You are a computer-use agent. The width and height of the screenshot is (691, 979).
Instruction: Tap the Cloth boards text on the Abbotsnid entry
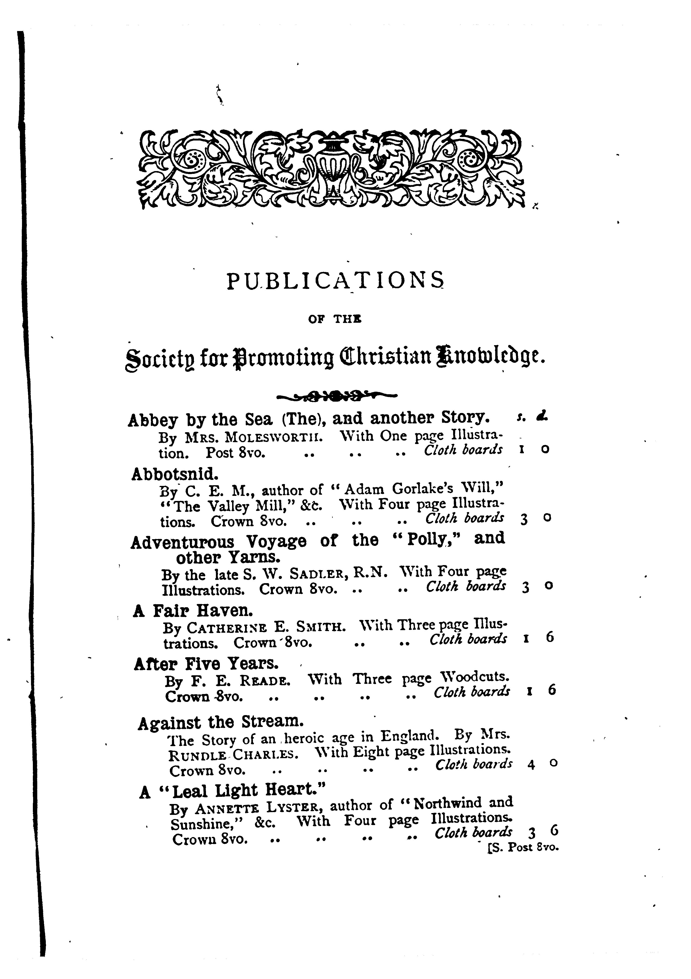(465, 518)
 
